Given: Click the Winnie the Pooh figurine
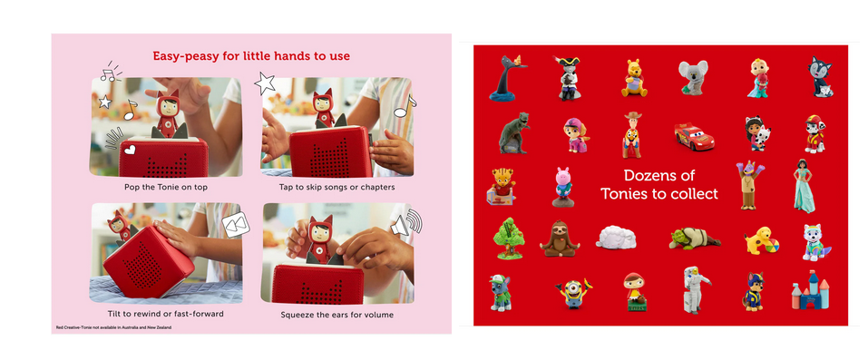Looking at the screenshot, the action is pos(634,78).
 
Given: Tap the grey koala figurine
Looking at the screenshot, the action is pos(693,77).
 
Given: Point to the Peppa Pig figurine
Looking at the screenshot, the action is pos(563,187).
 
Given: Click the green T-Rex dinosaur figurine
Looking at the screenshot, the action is pos(514,133).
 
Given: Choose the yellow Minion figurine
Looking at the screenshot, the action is pos(573,292).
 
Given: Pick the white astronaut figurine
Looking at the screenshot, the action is pos(696,289).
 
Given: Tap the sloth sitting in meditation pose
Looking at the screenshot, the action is pos(559,238).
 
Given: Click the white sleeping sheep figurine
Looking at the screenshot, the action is pos(616,237).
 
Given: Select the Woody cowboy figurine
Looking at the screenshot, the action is pos(631,135).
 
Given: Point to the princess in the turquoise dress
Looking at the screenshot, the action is pos(804,186).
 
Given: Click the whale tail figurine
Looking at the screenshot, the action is pos(506,79).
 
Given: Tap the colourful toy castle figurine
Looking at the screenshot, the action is pos(811,290).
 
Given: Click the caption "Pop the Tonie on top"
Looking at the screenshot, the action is pos(166,187).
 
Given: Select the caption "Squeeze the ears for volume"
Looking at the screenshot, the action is pos(337,316).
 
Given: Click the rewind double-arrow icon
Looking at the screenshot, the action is pos(236,226).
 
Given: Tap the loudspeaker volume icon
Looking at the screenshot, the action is pos(406,223).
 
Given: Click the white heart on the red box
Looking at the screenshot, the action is pos(129,150).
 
